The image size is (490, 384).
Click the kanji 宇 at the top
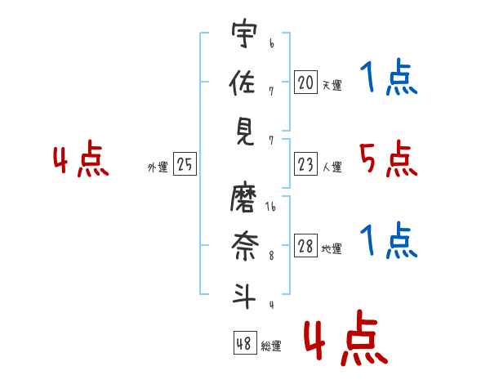[x=244, y=33]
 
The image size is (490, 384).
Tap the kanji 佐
[x=243, y=82]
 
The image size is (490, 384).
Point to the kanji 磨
[x=243, y=199]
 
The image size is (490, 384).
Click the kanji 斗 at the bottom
[x=244, y=296]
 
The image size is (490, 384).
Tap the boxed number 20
[x=305, y=82]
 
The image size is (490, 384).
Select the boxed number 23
[x=305, y=163]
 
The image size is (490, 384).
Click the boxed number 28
[x=305, y=245]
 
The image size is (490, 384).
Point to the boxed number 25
[x=185, y=163]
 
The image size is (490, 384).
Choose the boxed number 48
[x=245, y=342]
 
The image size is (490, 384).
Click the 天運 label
[x=332, y=85]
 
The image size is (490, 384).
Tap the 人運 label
[x=332, y=167]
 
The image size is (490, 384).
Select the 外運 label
[x=158, y=167]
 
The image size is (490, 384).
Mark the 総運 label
[x=271, y=346]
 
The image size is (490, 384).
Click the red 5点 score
[x=389, y=159]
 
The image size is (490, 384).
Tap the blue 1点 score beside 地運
[x=389, y=240]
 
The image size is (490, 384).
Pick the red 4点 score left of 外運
[x=81, y=159]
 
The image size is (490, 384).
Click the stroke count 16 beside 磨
[x=270, y=207]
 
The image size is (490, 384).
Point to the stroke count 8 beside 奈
[x=272, y=256]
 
